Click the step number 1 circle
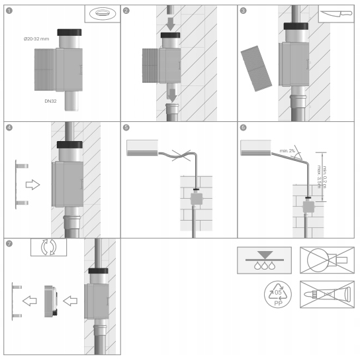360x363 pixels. click(9, 11)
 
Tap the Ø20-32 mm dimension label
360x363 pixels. click(36, 39)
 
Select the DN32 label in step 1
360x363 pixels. click(50, 101)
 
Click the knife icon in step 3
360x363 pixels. click(336, 14)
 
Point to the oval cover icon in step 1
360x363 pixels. click(103, 13)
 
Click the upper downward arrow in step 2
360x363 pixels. click(171, 24)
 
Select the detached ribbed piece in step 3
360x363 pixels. click(256, 68)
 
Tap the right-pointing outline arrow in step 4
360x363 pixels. click(32, 185)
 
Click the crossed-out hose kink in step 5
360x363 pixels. click(181, 156)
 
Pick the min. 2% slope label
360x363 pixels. click(287, 151)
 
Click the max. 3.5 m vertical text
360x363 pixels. click(320, 177)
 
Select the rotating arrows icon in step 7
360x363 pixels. click(48, 247)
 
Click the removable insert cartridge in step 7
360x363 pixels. click(51, 301)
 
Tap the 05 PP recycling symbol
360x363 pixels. click(278, 295)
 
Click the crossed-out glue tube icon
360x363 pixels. click(327, 295)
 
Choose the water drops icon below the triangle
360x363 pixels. click(265, 266)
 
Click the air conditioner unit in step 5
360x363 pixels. click(142, 148)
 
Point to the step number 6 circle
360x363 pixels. click(243, 128)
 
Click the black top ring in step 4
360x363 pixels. click(69, 144)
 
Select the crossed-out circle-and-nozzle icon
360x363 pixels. click(327, 260)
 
